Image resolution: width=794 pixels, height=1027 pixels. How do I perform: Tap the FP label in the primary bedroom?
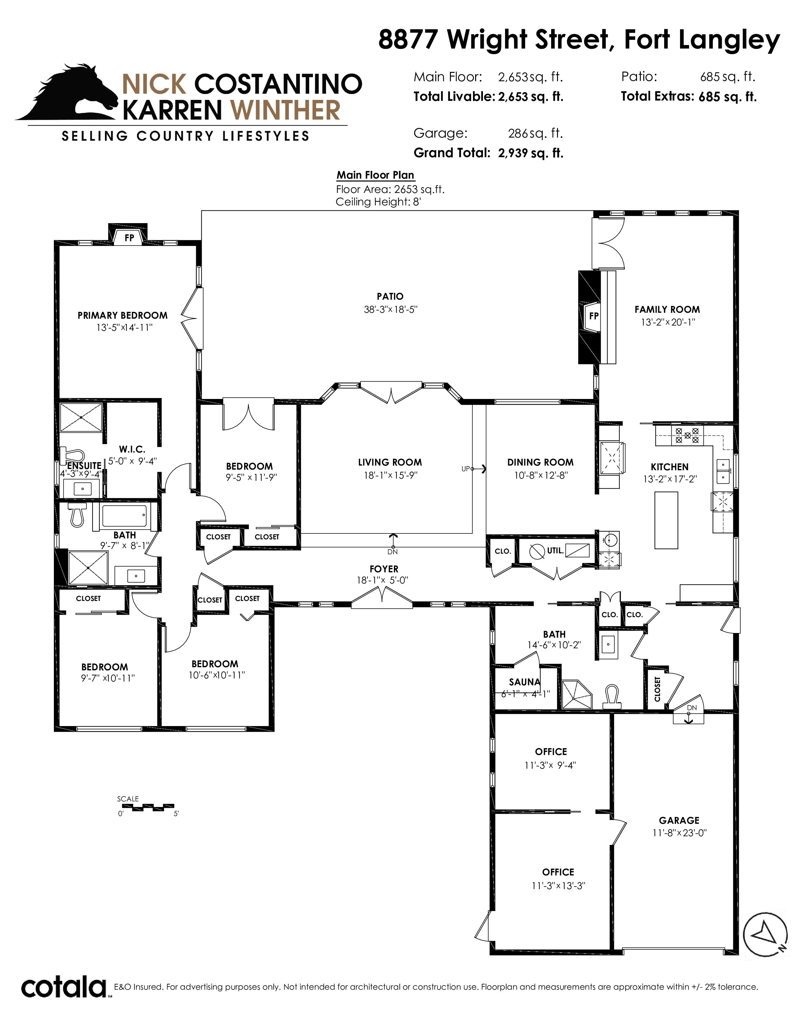129,238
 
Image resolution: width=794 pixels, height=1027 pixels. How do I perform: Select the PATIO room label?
390,296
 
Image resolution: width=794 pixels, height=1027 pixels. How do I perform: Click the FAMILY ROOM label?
667,309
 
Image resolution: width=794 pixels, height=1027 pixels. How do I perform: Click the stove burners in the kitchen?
687,435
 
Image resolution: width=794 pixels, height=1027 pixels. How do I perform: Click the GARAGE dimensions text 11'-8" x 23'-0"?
679,833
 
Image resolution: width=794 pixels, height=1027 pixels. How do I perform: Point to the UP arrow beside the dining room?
478,468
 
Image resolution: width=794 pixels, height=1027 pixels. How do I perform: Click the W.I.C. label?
132,450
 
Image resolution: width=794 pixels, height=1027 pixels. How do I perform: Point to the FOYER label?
384,569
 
